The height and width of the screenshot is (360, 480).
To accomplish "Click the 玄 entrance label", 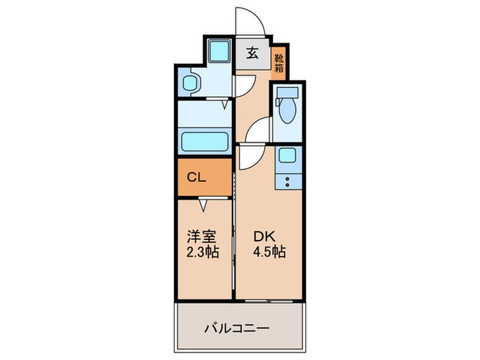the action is [252, 53].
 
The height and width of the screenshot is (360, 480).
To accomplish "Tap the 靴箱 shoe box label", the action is [279, 63].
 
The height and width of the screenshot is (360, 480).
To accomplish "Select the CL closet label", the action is [196, 177].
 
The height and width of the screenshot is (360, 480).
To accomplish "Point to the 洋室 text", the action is [202, 237].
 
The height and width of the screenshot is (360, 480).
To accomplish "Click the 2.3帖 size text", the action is [203, 252].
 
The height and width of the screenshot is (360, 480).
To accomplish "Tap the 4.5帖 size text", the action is [269, 252].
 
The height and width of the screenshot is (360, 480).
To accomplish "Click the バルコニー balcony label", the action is [237, 328].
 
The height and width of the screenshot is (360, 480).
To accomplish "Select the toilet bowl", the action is [287, 110].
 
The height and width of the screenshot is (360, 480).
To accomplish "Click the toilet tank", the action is [287, 92].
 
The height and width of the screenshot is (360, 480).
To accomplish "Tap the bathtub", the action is [205, 141].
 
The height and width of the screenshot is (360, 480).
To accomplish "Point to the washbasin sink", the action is [189, 83].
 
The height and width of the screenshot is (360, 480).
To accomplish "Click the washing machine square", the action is [219, 51].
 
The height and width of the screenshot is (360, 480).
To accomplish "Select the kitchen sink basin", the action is [287, 155].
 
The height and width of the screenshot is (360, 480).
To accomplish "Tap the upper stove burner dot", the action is [287, 179].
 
